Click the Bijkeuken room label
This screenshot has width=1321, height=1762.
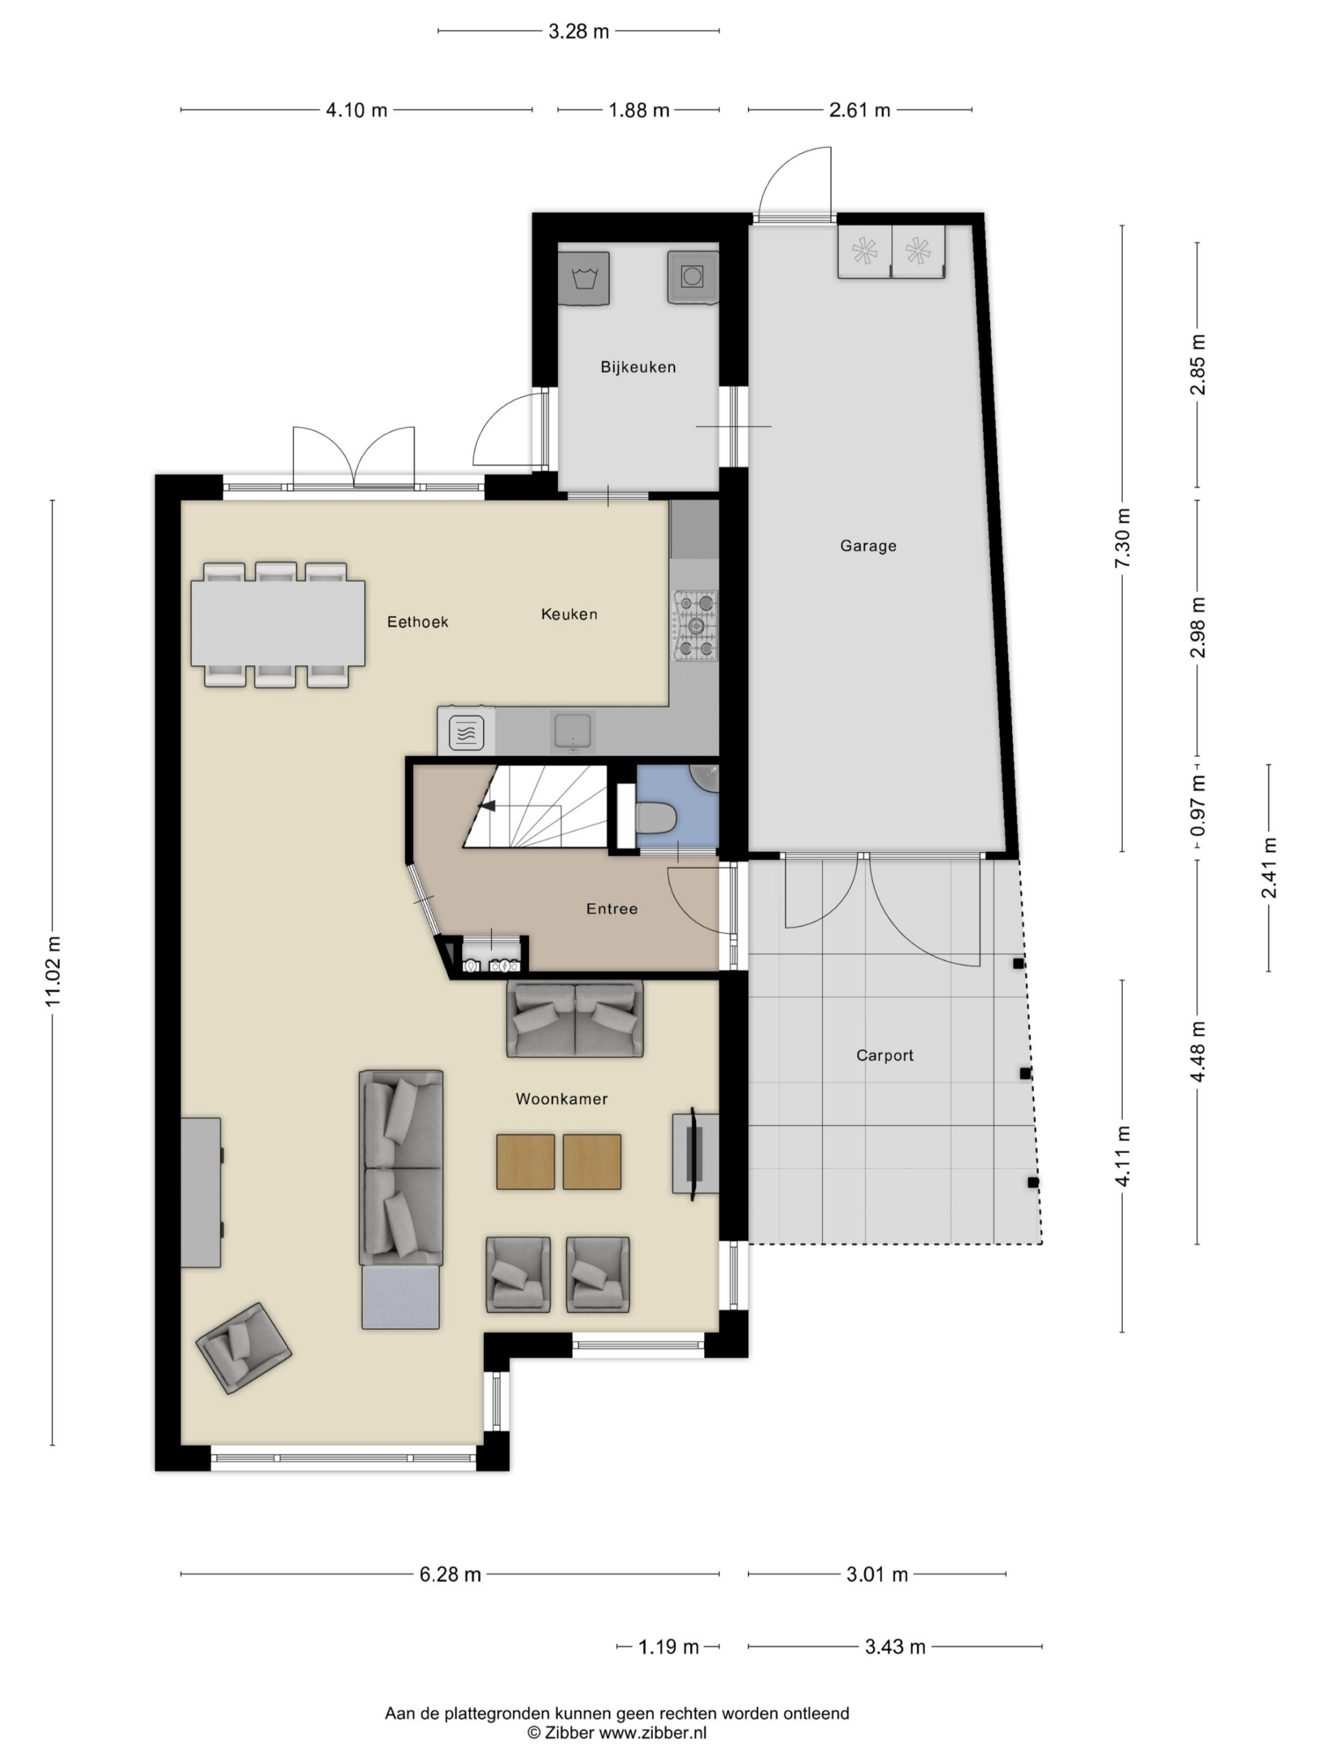coord(638,368)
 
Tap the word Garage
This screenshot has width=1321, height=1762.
coord(868,546)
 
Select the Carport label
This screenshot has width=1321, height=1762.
coord(885,1055)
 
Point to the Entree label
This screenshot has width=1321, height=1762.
coord(612,909)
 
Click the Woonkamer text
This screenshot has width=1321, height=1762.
coord(561,1099)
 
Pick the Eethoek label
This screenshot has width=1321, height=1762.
coord(417,622)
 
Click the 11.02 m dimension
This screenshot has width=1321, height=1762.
coord(52,971)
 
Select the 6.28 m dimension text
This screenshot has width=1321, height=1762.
coord(450,1575)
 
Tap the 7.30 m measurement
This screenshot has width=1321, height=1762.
coord(1122,538)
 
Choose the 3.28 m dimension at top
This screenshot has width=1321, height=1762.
coord(578,32)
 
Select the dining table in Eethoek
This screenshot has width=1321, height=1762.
coord(277,624)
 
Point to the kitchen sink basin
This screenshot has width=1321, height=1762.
coord(572,730)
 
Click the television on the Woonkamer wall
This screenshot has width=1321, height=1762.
coord(693,1153)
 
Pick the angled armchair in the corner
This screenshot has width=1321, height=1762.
coord(243,1348)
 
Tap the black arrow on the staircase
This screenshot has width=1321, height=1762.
coord(486,806)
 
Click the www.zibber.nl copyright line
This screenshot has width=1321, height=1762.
coord(616,1732)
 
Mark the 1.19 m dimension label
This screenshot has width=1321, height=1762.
coord(668,1646)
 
